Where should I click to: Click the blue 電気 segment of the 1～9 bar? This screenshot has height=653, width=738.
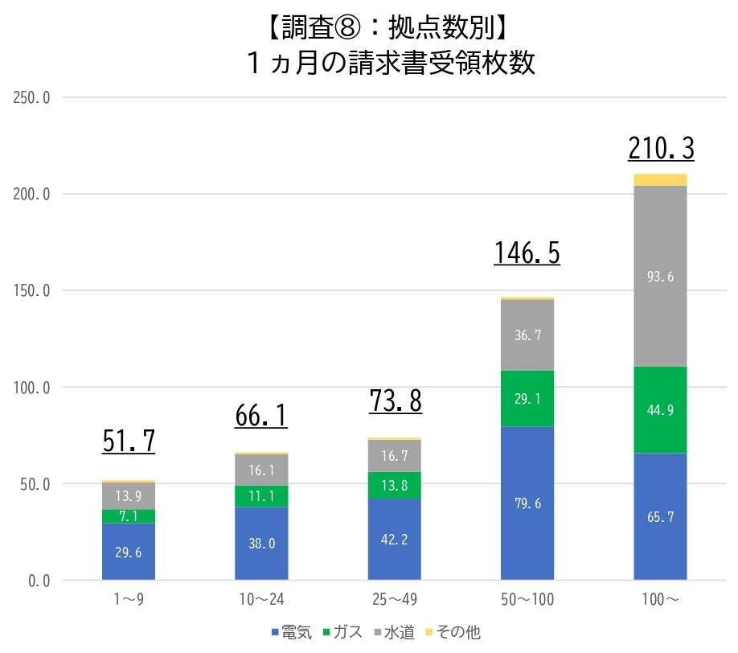tap(129, 552)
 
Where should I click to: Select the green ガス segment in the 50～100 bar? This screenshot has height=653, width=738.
tap(527, 398)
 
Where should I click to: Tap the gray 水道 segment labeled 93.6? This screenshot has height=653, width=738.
tap(660, 276)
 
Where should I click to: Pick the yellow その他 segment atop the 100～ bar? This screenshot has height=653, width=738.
tap(660, 179)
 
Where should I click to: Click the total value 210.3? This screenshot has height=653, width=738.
tap(660, 149)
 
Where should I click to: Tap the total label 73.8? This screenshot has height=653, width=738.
tap(395, 401)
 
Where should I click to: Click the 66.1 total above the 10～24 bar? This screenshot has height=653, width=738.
tap(261, 416)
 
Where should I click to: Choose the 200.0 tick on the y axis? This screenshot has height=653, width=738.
tap(32, 195)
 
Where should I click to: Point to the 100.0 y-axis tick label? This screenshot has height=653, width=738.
tap(32, 388)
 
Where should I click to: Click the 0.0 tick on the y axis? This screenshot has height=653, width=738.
tap(38, 581)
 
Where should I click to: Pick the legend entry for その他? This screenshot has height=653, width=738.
tap(456, 633)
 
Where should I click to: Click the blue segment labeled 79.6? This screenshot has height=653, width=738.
tap(527, 503)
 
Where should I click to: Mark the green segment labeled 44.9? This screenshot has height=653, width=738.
tap(660, 410)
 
